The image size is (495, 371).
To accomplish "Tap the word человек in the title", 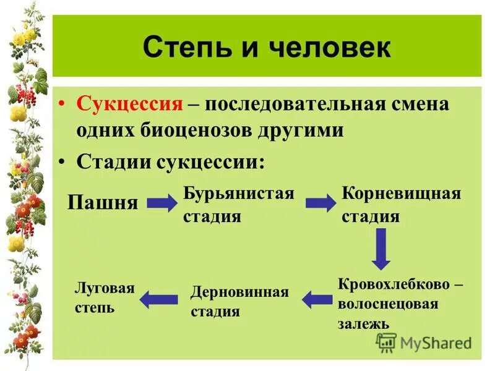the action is pos(322,48).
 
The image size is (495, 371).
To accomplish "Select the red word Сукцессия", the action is pos(130,103).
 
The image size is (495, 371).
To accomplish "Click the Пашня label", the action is pos(103,202).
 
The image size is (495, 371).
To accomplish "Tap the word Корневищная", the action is pos(402,193).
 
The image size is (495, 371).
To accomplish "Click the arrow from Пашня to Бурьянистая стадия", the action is pos(162,203).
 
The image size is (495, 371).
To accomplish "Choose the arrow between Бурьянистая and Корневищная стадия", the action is pos(320,203).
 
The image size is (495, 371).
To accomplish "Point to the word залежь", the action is pos(363,323).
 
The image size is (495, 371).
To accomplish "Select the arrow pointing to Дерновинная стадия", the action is pos(317,300).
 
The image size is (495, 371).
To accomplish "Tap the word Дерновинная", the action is pos(239,292).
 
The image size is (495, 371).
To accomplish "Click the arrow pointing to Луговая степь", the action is pos(158,300).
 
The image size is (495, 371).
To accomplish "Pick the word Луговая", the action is pos(105,288).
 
